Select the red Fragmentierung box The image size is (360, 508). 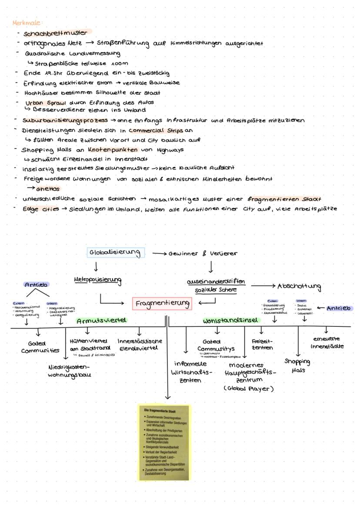coord(162,303)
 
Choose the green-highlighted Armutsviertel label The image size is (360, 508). coord(101,321)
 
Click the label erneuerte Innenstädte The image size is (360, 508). coord(326,343)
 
